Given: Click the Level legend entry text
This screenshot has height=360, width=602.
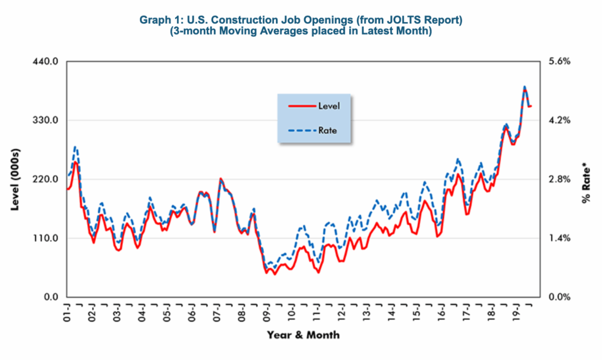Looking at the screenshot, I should tap(329, 106).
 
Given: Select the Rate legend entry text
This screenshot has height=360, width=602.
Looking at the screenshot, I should tap(327, 130).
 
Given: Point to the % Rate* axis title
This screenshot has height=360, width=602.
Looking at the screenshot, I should tap(586, 183).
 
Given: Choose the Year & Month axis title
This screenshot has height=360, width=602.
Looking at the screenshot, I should tap(303, 334).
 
